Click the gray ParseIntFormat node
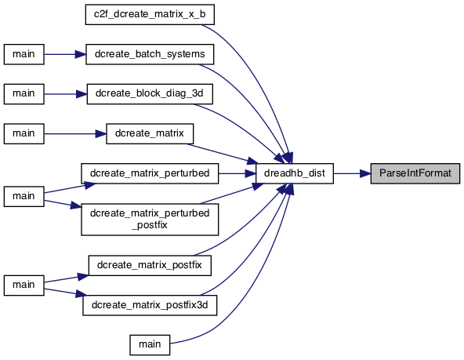click(x=415, y=173)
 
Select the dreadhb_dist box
click(x=295, y=173)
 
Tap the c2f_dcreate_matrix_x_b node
click(x=150, y=14)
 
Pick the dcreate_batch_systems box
click(x=150, y=54)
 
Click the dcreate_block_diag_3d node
click(x=150, y=94)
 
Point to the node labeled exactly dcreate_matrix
click(x=150, y=134)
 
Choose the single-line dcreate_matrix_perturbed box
click(x=150, y=173)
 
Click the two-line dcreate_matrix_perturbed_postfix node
click(x=150, y=220)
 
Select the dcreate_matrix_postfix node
click(x=150, y=266)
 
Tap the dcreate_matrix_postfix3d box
click(x=150, y=305)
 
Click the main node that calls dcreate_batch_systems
click(x=24, y=54)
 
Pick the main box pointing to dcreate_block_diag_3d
click(x=24, y=94)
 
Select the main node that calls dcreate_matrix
click(x=24, y=134)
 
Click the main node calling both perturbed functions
click(x=24, y=196)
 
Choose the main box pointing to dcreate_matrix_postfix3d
click(x=24, y=285)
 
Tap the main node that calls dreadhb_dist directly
click(x=150, y=345)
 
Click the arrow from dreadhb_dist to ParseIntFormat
click(x=352, y=173)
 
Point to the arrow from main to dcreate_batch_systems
click(x=65, y=54)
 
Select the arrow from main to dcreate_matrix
click(x=75, y=134)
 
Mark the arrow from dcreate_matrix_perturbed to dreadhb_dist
click(x=237, y=173)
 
